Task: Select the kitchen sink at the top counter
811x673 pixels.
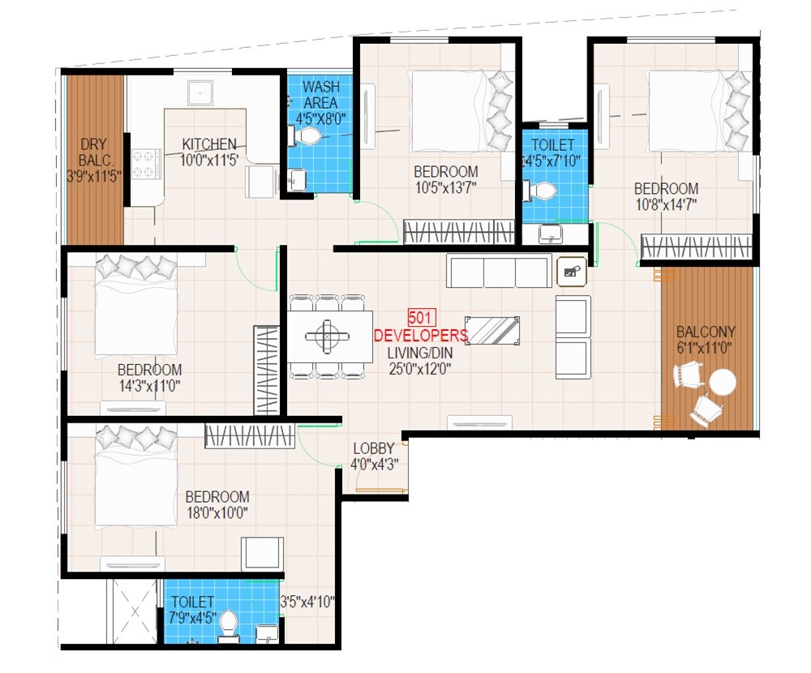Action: (199, 92)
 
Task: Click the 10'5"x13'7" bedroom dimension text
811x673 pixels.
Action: (445, 188)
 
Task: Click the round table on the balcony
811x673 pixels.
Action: (722, 382)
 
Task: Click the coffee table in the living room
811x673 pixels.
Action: (492, 330)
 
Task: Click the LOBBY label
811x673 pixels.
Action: (374, 448)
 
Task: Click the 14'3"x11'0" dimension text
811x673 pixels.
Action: (148, 386)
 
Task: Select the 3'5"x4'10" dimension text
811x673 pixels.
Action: (307, 602)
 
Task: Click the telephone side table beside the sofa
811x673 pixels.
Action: (572, 272)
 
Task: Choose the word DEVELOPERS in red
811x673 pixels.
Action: (420, 336)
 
